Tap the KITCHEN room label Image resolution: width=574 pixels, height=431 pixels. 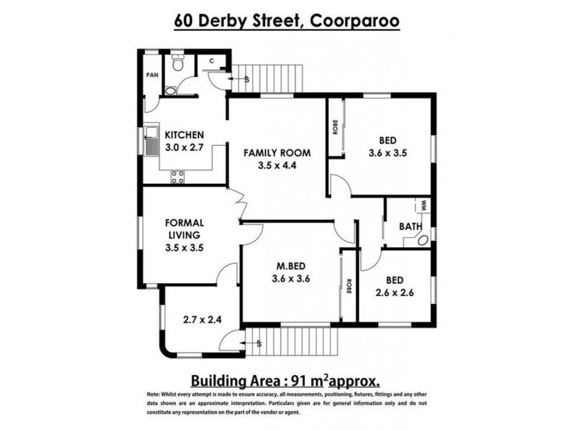pos(185,135)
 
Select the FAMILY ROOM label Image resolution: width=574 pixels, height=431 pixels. pos(276,152)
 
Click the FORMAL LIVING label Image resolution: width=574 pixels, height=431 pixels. pos(185,228)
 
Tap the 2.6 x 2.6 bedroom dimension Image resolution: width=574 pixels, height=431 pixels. pos(395,292)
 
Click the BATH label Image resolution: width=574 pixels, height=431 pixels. pos(410,227)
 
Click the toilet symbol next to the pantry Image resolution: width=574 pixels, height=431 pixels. pos(177,65)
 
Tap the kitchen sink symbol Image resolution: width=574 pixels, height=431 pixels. pos(152,141)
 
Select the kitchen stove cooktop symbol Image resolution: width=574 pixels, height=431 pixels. pos(177,176)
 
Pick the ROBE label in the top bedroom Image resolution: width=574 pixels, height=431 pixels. pos(335,127)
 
